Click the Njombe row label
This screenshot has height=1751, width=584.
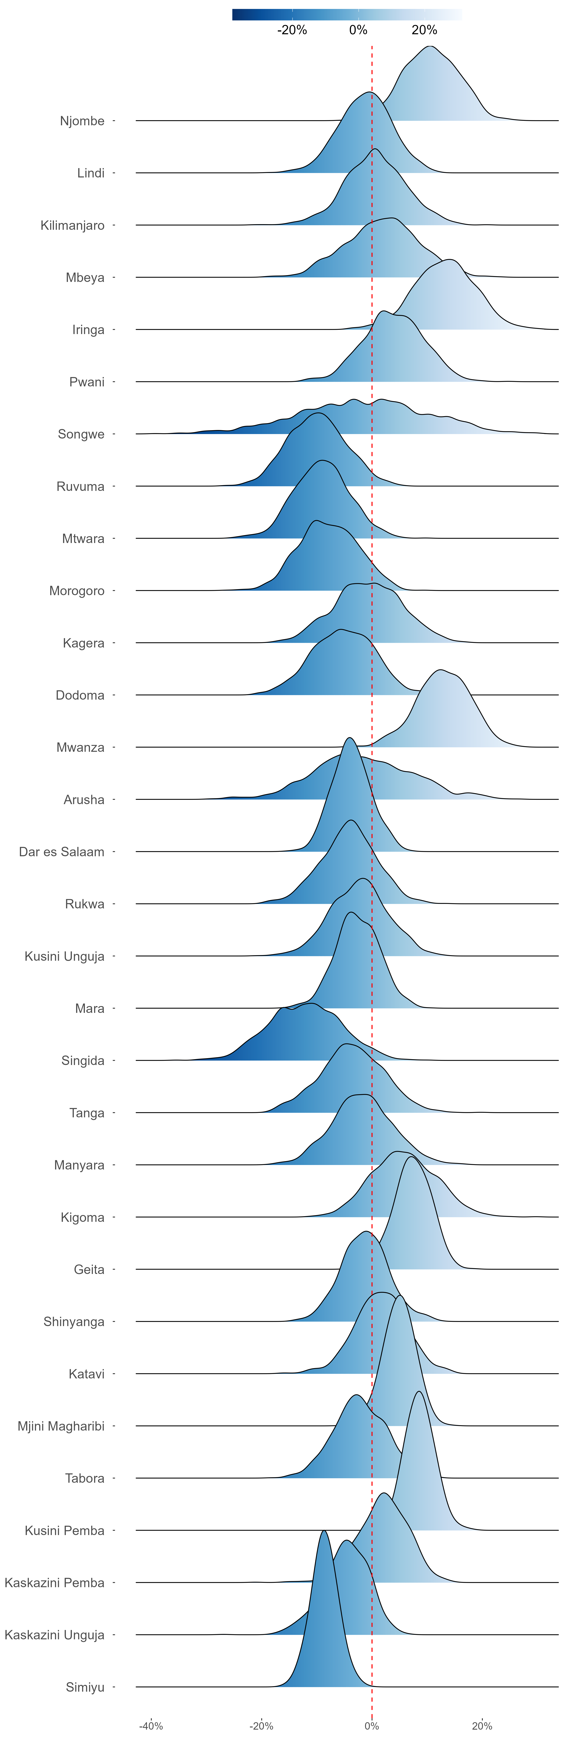[x=82, y=121]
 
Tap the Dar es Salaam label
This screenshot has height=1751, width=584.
[x=62, y=852]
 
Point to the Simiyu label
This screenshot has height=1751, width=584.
[x=85, y=1687]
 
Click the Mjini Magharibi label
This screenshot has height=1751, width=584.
[x=61, y=1426]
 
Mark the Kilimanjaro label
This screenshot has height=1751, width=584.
[x=73, y=225]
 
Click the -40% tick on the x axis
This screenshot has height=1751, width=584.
[x=151, y=1726]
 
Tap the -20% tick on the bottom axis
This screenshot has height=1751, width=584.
[x=261, y=1726]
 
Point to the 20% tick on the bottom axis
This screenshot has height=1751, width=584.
[x=482, y=1726]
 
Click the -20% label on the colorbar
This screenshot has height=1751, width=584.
[x=292, y=30]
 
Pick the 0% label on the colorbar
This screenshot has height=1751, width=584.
[x=358, y=30]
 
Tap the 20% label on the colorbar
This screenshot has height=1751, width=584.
[x=424, y=30]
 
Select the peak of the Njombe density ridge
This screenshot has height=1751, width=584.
[x=430, y=46]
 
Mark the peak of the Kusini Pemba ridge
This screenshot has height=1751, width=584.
[x=419, y=1391]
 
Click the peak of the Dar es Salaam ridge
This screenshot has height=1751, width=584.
[x=349, y=738]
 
